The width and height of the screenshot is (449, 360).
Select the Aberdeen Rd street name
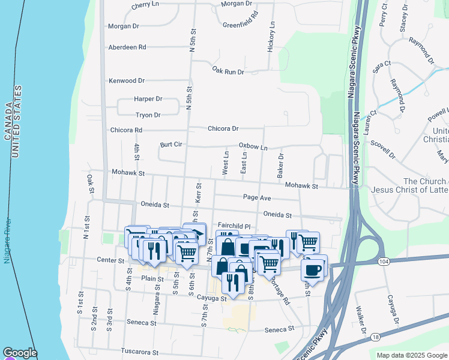point(127,47)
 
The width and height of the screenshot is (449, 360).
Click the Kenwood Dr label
point(127,80)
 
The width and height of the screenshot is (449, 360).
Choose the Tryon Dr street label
point(148,115)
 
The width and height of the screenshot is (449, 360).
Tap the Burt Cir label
point(171,145)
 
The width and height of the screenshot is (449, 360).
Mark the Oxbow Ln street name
point(253,146)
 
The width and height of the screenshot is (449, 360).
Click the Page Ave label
point(257,197)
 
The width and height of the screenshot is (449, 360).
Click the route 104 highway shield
point(382,262)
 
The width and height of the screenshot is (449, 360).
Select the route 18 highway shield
point(375,338)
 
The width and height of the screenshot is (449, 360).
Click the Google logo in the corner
point(19,353)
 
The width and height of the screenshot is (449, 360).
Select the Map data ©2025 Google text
point(411,355)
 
